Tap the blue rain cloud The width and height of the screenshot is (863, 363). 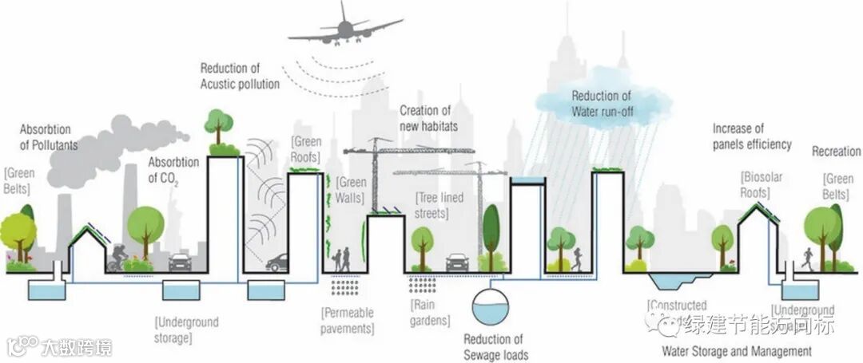(x=604, y=103)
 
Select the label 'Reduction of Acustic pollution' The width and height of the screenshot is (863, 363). (x=239, y=77)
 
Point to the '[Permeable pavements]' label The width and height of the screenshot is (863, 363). (x=348, y=319)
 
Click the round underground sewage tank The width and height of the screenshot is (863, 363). (x=490, y=308)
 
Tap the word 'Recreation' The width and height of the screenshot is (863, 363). (x=836, y=152)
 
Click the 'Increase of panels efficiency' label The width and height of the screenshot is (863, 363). (x=751, y=136)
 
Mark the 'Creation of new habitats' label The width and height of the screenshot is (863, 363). (x=425, y=118)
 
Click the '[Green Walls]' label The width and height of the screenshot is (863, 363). (x=352, y=189)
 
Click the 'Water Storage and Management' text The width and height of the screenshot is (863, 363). (x=736, y=350)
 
